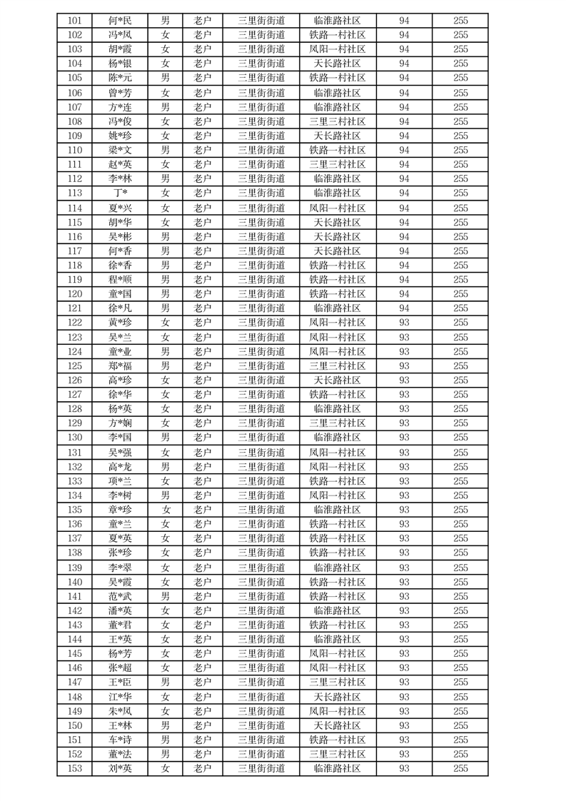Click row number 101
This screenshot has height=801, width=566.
tap(75, 20)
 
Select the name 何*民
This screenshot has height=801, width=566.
tap(120, 20)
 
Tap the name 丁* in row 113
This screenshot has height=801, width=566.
tap(120, 193)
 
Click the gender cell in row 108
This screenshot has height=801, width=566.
tap(165, 121)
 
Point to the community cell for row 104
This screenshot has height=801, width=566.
tap(337, 64)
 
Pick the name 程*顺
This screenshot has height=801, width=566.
tap(120, 279)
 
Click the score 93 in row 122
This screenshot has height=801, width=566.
tap(404, 323)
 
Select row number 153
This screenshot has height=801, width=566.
tap(75, 768)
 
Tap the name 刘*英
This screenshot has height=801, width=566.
tap(120, 768)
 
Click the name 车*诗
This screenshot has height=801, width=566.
tap(120, 740)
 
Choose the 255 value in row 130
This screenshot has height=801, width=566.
tap(460, 438)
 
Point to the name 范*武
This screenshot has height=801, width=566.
tap(120, 596)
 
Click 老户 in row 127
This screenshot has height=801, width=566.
tap(203, 394)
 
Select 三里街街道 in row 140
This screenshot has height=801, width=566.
tap(261, 582)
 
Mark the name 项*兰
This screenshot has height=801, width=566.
tap(120, 481)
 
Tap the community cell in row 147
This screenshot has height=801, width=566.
tap(337, 682)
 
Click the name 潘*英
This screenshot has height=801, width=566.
tap(120, 610)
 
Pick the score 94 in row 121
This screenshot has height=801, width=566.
tap(404, 308)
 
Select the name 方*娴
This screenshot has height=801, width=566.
tap(120, 423)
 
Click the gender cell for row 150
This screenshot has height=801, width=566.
tap(165, 725)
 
